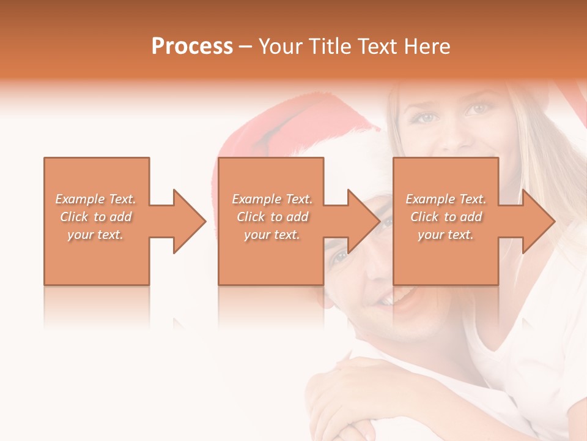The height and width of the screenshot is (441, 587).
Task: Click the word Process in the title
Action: pos(192,47)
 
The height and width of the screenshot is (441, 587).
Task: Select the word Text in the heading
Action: pos(376,47)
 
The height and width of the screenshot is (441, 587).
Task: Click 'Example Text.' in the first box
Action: pos(95,199)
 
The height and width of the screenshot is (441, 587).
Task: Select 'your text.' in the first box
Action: pos(95,235)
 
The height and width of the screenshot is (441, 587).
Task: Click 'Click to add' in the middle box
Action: pos(272,217)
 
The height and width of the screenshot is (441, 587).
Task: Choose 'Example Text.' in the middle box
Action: pos(272,199)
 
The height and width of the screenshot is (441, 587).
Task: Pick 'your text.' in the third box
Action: pos(446,235)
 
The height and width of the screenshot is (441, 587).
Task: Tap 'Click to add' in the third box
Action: pos(446,217)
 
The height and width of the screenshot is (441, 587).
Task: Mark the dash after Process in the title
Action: pos(246,47)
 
